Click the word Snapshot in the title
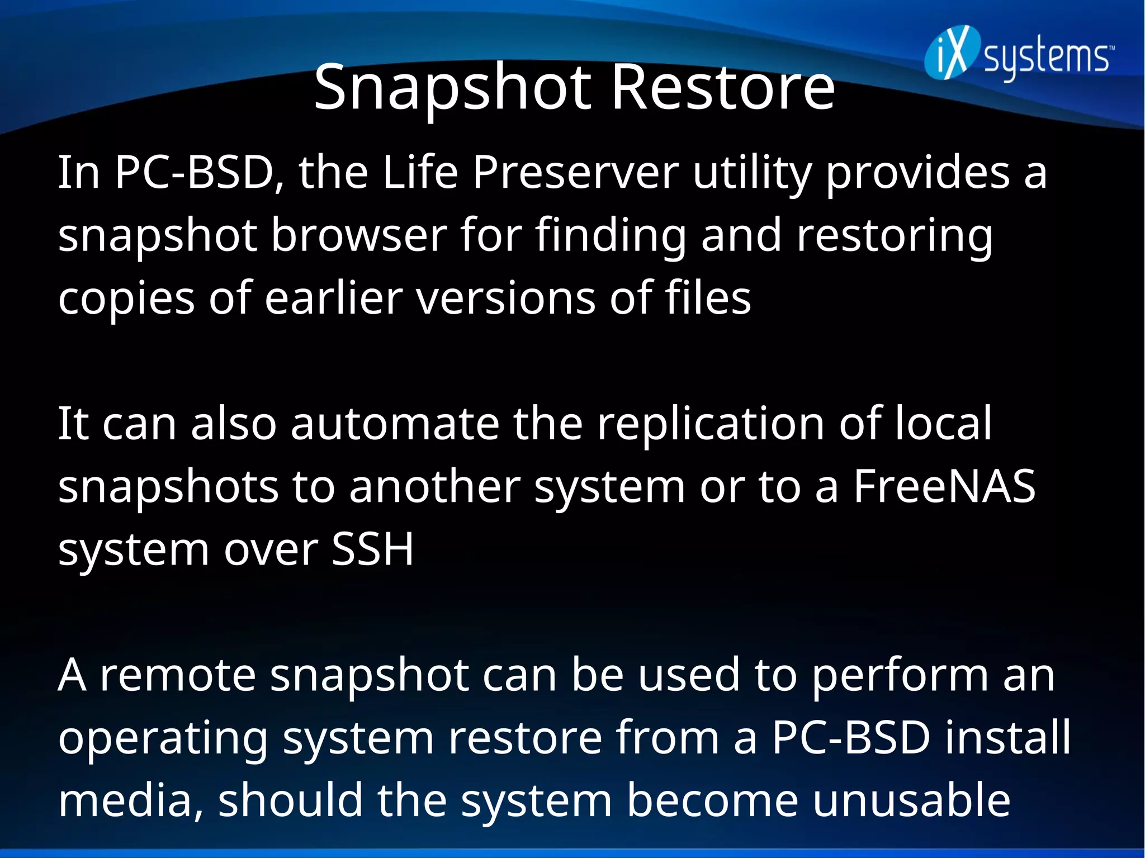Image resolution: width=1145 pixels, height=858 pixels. pos(452,88)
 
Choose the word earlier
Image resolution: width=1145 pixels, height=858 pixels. pos(333,297)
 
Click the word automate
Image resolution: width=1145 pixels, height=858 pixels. pos(395,423)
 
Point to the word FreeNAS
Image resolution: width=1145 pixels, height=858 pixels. pos(944,486)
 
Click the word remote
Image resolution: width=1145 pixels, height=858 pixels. pos(177,675)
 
